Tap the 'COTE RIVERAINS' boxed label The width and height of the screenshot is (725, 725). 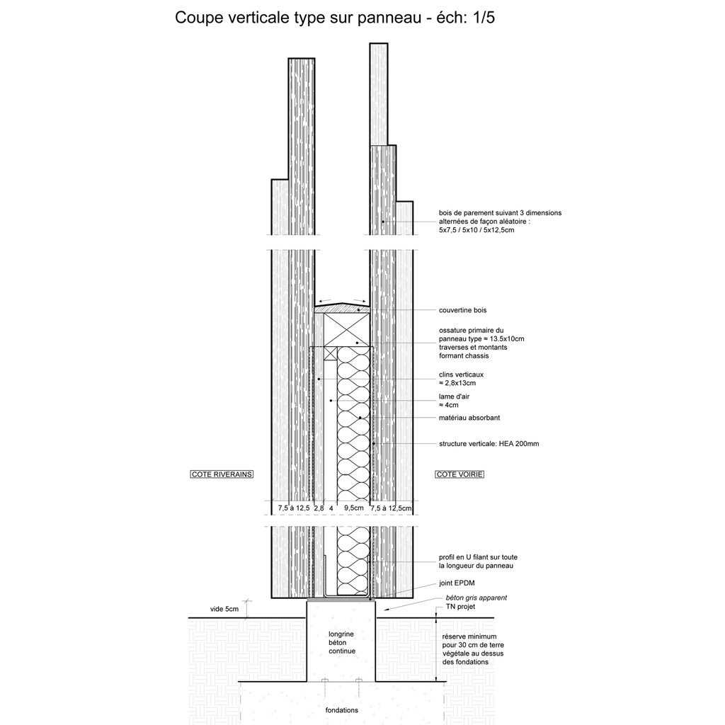pyautogui.click(x=222, y=474)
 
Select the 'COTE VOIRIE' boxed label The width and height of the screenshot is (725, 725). pyautogui.click(x=459, y=474)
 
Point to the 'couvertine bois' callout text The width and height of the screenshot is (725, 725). pyautogui.click(x=463, y=310)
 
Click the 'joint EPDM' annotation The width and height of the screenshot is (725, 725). pyautogui.click(x=457, y=583)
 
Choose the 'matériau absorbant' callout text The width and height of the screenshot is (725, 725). pyautogui.click(x=469, y=418)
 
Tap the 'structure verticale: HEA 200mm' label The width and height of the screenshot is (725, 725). pyautogui.click(x=489, y=444)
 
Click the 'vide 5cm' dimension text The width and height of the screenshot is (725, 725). pyautogui.click(x=224, y=609)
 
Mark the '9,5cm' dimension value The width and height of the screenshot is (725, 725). pyautogui.click(x=354, y=508)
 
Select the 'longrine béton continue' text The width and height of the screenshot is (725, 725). pyautogui.click(x=342, y=643)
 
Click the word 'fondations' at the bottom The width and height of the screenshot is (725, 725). pyautogui.click(x=342, y=710)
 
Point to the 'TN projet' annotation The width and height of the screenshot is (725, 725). pyautogui.click(x=460, y=607)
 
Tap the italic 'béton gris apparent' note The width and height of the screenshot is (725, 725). pyautogui.click(x=476, y=598)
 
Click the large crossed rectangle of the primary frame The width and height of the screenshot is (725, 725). pyautogui.click(x=347, y=330)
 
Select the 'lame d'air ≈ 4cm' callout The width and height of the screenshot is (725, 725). pyautogui.click(x=454, y=401)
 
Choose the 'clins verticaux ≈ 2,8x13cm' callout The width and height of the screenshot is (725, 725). pyautogui.click(x=461, y=379)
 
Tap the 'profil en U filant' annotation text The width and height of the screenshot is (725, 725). pyautogui.click(x=478, y=561)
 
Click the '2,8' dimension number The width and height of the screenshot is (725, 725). pyautogui.click(x=319, y=508)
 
